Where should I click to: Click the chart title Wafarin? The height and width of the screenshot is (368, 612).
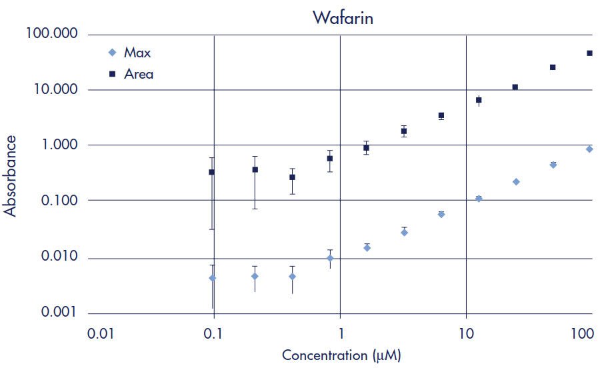tap(343, 17)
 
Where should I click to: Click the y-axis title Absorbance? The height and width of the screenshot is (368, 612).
tap(11, 175)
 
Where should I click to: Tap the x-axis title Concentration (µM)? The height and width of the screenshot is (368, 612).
tap(341, 355)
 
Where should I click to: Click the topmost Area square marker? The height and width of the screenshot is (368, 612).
tap(590, 53)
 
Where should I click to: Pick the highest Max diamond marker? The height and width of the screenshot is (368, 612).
tap(590, 149)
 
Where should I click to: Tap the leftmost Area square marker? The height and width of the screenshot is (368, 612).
tap(212, 172)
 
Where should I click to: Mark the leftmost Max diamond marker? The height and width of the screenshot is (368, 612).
tap(212, 278)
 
